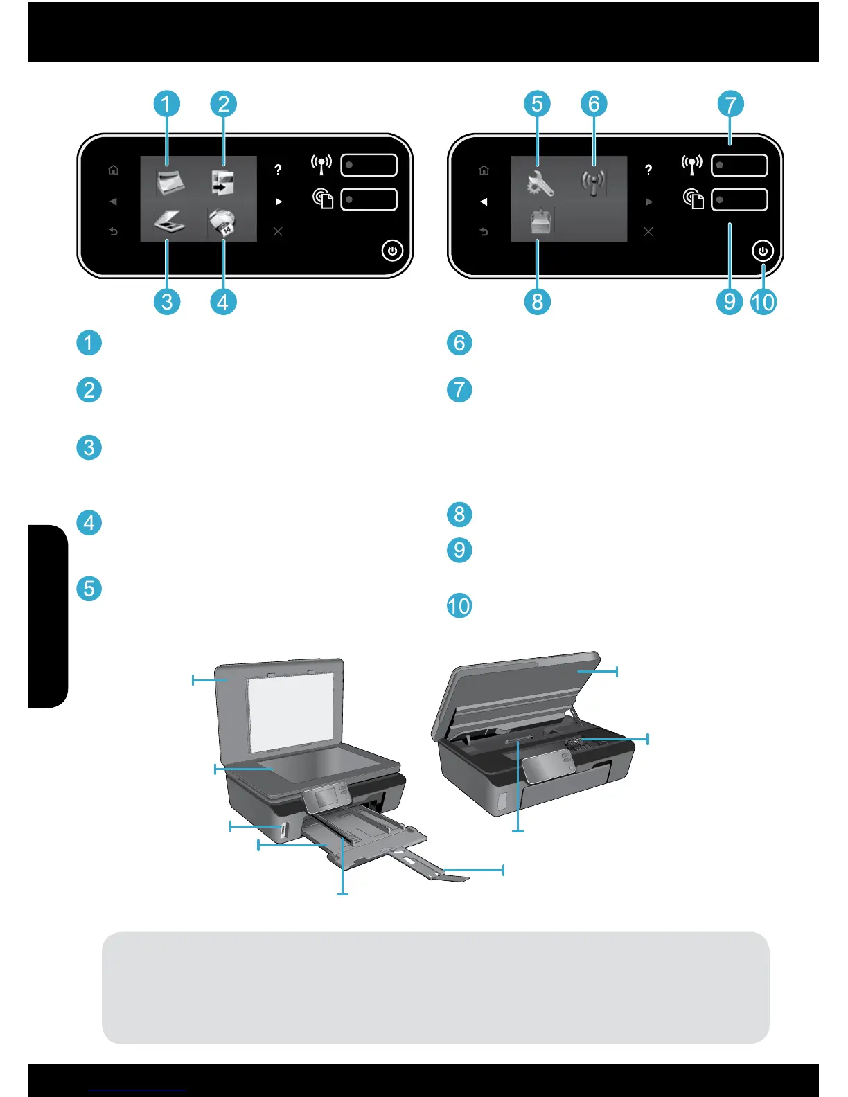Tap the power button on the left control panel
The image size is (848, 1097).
pos(392,251)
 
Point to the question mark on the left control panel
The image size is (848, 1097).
pos(278,170)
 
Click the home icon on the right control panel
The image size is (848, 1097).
pos(484,170)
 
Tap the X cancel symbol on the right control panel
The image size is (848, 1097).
pos(648,231)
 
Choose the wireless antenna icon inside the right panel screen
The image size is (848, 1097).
pos(593,182)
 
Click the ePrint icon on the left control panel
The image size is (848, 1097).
pos(323,199)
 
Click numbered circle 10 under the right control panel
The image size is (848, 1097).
pos(763,302)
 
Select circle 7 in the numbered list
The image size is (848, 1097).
pos(459,389)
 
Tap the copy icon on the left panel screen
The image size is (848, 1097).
pos(223,183)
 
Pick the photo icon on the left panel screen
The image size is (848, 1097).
pos(170,184)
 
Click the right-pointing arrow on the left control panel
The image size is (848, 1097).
pos(279,202)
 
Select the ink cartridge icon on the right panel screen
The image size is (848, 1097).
pos(540,223)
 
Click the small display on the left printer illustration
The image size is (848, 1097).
pos(324,797)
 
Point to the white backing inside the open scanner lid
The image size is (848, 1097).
pos(294,713)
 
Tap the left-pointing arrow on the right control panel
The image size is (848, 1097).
pos(484,202)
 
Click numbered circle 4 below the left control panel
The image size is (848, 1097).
pos(223,302)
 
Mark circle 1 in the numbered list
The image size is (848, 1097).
pos(89,343)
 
